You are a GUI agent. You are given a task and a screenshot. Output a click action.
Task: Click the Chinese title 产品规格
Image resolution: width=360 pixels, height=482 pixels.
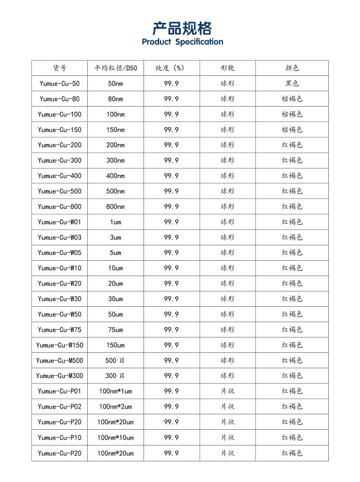pos(182,28)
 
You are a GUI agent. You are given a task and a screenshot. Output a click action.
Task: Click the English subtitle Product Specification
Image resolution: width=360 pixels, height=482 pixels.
pos(182,42)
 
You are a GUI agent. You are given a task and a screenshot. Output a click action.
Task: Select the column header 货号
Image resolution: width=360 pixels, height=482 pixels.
pos(60,68)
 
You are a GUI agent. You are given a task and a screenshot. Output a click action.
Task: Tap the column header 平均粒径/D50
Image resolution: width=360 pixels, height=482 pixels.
pos(115,68)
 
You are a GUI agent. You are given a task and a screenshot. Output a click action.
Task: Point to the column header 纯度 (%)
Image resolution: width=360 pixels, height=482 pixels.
pos(171,68)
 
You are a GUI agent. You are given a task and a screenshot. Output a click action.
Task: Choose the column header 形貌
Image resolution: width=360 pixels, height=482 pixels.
pos(228,68)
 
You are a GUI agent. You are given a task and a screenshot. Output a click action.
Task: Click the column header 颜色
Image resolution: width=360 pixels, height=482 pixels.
pos(292,68)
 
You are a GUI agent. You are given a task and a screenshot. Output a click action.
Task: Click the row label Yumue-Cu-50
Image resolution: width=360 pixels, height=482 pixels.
pos(60,84)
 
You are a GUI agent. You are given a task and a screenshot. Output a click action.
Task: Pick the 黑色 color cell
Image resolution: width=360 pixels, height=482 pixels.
pos(292,84)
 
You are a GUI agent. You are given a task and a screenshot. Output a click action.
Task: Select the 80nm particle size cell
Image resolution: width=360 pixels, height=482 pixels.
pos(115,99)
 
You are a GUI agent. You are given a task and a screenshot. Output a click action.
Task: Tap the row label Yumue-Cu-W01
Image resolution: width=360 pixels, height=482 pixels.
pos(60,222)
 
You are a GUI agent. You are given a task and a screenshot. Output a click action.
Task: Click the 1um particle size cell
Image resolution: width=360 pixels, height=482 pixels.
pos(115,222)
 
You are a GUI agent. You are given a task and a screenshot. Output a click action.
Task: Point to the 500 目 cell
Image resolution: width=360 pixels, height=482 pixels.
pos(115,361)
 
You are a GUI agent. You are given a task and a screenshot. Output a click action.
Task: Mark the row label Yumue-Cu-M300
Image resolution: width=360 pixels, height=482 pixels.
pos(60,376)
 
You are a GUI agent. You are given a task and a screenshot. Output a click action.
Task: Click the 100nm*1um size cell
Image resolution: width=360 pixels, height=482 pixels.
pos(115,391)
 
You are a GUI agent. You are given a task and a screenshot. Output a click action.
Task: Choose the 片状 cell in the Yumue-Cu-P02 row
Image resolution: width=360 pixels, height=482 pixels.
pos(228,407)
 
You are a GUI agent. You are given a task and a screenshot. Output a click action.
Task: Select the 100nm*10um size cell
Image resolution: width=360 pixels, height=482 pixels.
pos(115,437)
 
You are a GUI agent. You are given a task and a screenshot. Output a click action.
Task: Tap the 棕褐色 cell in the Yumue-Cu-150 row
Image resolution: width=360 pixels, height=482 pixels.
pos(292,130)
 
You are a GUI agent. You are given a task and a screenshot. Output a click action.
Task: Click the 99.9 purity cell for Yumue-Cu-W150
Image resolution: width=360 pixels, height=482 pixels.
pos(171,345)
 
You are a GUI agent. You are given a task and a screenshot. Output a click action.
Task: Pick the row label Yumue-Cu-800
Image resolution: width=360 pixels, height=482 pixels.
pos(60,206)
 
